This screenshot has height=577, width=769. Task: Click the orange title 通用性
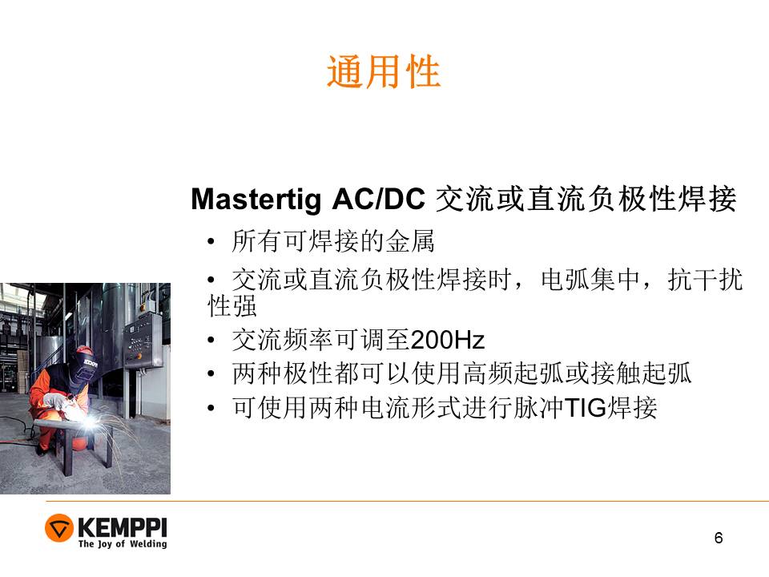point(384,71)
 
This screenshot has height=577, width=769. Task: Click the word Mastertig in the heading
point(256,200)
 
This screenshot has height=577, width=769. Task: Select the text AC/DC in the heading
point(378,199)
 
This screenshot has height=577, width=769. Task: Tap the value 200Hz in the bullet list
point(447,340)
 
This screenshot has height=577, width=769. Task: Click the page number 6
point(719,538)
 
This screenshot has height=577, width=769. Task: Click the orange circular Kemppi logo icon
point(58,528)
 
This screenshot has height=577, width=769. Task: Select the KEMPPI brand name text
point(122,527)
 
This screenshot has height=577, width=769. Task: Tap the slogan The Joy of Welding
point(123,543)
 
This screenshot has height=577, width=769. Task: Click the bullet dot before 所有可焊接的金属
point(211,241)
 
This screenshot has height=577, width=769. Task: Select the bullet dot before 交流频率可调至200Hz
point(211,340)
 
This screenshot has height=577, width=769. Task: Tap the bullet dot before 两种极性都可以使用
point(211,374)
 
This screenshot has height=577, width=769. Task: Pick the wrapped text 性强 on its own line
point(232,306)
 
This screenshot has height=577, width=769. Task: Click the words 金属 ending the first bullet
point(410,241)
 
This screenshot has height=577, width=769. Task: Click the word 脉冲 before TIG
point(538,407)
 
